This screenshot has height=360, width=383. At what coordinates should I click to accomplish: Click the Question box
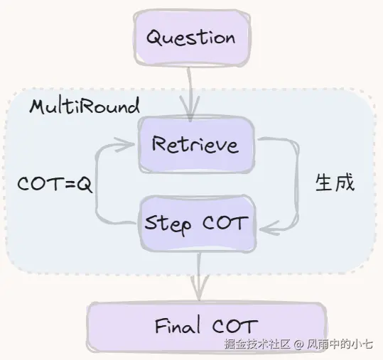coord(192,38)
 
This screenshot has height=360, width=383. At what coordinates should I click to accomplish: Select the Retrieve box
coord(196,145)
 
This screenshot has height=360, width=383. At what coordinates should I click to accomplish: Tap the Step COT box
coord(198,223)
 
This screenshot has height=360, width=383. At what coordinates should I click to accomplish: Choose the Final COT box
coord(207,327)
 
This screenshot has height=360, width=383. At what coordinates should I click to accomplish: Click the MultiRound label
coord(85,106)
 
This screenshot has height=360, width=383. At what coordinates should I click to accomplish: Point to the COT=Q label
coord(55,184)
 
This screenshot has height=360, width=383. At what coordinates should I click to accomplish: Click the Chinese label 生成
coord(335,182)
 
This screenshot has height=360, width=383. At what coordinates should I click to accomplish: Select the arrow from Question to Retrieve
coord(190,94)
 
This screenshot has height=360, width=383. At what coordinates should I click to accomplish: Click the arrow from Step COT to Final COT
coord(199,276)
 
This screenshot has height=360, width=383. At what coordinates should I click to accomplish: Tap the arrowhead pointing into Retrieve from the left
coord(124,144)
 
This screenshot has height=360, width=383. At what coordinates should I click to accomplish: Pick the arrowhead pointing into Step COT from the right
coord(269,229)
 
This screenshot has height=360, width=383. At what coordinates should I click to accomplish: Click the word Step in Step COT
coord(168,224)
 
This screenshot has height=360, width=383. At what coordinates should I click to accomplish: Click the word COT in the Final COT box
coord(235,326)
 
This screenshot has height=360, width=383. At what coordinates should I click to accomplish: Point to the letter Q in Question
coord(155,38)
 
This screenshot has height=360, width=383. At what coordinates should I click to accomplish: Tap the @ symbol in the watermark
coord(298,344)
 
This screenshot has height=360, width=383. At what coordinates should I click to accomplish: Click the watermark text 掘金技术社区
coord(257,344)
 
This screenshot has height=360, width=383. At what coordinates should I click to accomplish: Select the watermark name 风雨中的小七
coord(340,344)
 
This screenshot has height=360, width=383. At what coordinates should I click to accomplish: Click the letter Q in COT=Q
coord(85,185)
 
